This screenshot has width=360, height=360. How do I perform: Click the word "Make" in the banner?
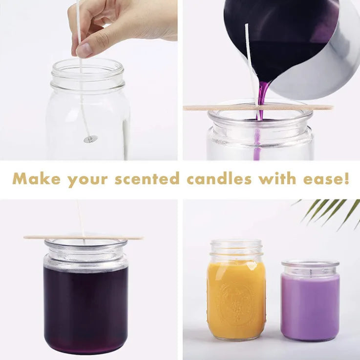[37, 179]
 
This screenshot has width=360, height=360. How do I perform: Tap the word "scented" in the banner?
[147, 179]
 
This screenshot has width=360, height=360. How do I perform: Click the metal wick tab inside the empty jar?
[90, 140]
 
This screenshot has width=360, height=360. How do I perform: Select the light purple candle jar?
[310, 302]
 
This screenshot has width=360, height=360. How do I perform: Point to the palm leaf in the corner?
[332, 210]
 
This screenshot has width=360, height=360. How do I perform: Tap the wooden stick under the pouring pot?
[220, 107]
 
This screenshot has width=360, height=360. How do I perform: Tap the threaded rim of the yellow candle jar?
[236, 249]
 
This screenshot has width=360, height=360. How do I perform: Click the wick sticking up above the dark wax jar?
[80, 220]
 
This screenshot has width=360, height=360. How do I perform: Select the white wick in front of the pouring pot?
[250, 59]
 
